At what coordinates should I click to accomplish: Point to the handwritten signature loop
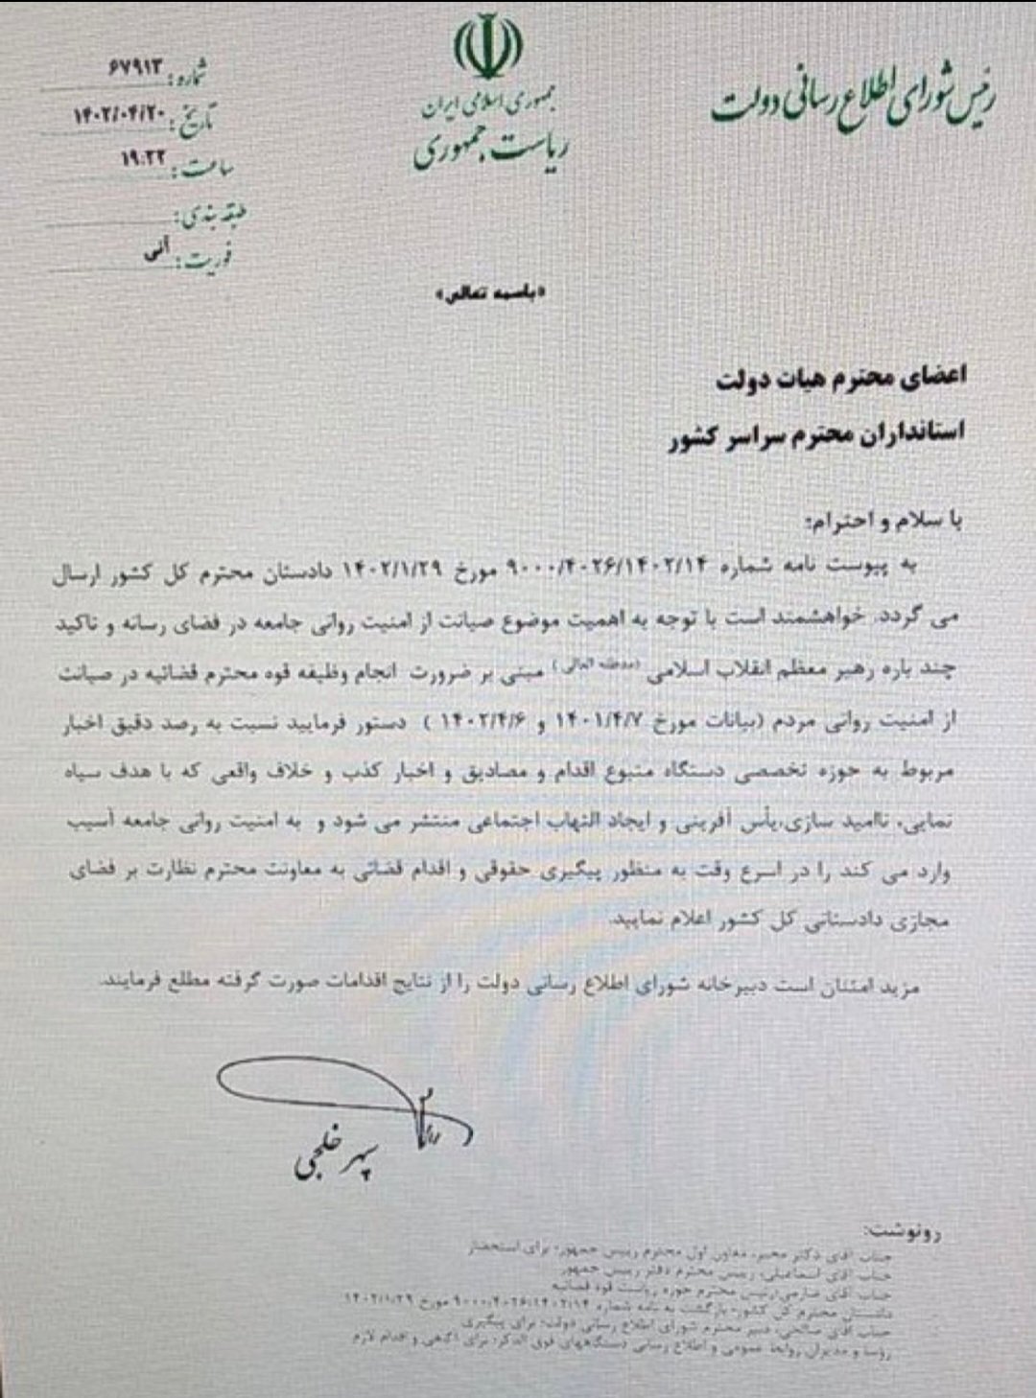pos(317,1083)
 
